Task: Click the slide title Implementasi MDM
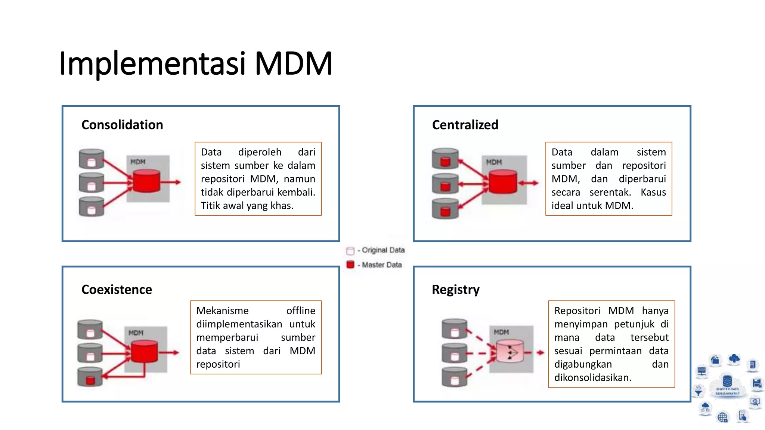195,63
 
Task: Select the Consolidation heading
122,125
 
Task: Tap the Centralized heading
465,125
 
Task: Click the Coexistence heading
117,290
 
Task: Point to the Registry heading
455,290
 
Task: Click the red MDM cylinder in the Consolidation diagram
146,181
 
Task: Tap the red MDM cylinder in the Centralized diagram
503,182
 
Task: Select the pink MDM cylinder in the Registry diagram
510,351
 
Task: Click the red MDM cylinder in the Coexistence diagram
144,351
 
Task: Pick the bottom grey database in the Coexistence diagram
90,377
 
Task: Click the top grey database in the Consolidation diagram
92,159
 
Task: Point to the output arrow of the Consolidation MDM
172,182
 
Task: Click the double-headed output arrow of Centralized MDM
528,183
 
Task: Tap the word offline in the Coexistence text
300,311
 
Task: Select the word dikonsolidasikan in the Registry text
592,377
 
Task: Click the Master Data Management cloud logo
727,388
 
